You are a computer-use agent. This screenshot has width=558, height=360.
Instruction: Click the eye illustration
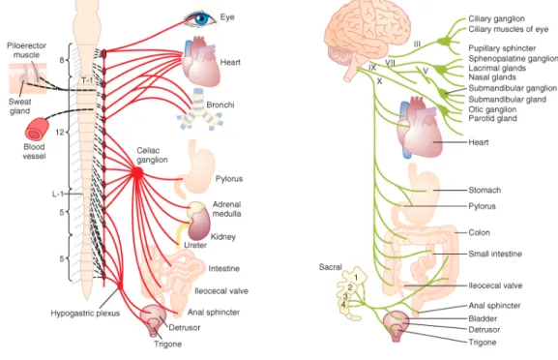200,17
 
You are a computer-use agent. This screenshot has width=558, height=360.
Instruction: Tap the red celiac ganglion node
137,173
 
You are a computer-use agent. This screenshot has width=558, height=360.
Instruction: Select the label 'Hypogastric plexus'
85,314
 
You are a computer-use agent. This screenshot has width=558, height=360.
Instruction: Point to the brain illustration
367,38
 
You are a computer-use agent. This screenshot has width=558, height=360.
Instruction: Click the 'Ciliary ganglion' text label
496,18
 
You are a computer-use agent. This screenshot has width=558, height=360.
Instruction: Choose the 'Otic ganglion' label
492,109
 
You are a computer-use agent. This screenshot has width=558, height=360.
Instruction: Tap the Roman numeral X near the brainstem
379,81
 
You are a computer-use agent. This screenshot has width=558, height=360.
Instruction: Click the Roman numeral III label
417,45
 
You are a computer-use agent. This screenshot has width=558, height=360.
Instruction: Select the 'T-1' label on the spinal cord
87,80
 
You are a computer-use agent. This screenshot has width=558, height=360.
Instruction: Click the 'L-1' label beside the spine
58,194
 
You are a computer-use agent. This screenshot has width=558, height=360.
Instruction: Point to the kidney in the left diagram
199,224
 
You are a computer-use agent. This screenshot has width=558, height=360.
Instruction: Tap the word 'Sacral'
330,267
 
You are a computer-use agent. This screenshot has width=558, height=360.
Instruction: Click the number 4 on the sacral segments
343,305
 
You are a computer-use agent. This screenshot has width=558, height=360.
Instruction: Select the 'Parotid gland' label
492,118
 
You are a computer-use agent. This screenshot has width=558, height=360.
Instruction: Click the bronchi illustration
199,110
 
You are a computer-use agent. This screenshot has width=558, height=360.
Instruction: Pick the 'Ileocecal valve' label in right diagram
495,285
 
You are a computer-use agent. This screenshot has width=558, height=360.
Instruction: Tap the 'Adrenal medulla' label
226,209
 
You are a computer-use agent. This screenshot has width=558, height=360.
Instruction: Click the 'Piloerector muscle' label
27,50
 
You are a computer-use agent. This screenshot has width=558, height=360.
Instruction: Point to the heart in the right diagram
420,128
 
